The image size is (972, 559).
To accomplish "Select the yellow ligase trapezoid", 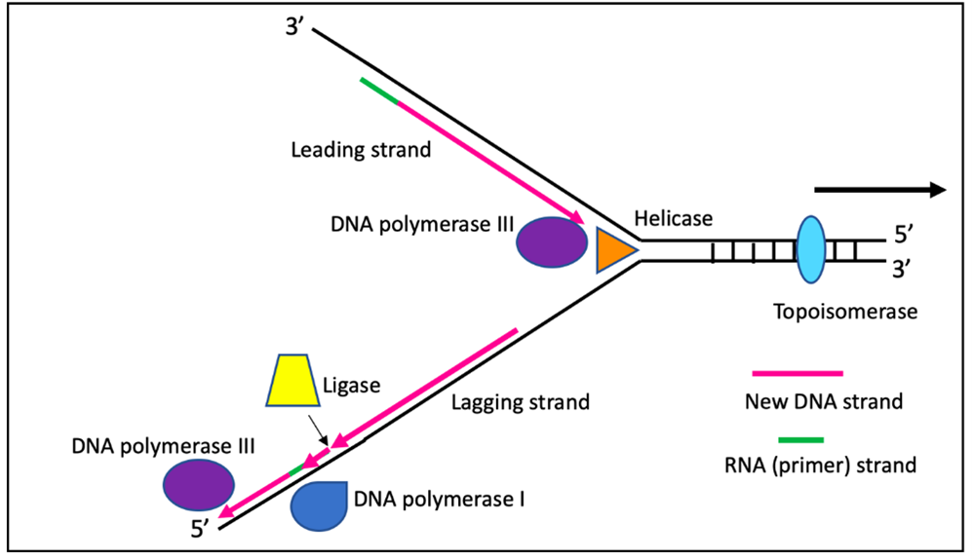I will coord(293,381).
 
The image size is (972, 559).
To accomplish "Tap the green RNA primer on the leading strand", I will coord(378,91).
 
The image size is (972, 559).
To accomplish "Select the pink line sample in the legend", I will coord(797,373).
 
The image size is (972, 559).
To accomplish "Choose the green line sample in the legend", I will coord(797,438).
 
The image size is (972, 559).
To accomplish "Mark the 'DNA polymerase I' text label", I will coord(440,501).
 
